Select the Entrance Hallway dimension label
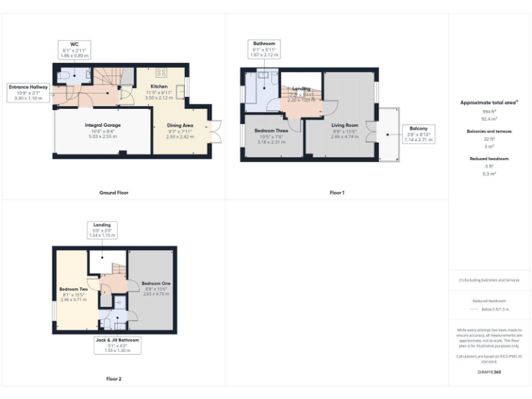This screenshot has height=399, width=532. point(28,93)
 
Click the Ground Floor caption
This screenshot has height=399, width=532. point(114,193)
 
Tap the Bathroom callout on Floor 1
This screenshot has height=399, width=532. point(264,48)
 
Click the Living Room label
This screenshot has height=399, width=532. point(335,125)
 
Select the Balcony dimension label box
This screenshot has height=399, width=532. point(418,134)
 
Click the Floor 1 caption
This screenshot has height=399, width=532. point(337,193)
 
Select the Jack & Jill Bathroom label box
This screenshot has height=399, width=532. point(118,345)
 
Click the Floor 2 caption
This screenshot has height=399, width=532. point(114,379)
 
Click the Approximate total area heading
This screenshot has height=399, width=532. point(489,103)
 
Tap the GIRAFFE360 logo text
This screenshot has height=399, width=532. point(489,373)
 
